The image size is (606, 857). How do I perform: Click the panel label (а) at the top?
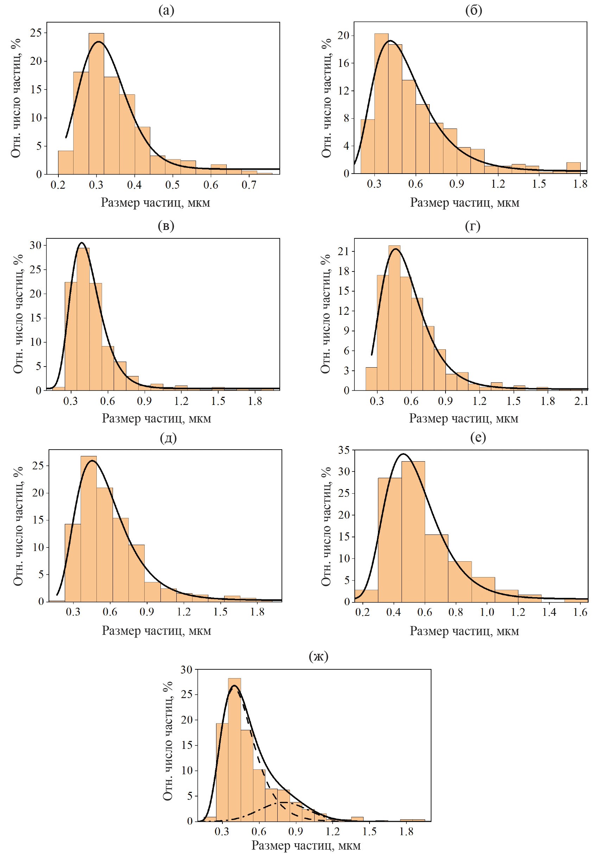166,11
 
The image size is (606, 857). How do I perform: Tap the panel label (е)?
478,437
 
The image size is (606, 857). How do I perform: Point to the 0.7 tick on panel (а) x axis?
249,185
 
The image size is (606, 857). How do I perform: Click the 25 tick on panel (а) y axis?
36,33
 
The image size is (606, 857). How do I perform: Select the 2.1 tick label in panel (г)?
581,401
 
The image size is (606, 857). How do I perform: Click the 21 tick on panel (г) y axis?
344,251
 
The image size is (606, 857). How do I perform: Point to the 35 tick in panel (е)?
344,450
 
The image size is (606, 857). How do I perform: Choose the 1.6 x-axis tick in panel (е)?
580,612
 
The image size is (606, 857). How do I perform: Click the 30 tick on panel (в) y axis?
36,245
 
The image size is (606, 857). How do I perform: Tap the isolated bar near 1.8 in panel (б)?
574,168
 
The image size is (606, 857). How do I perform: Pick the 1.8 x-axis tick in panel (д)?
257,612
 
